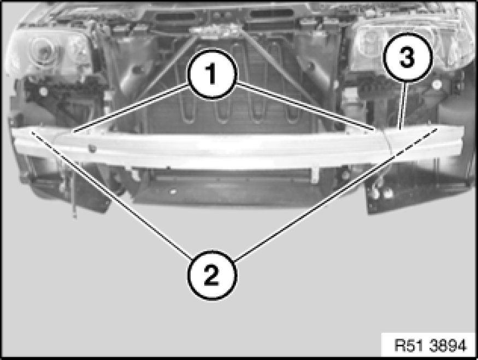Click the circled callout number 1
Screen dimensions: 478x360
[x=212, y=74]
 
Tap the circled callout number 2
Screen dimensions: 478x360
[x=212, y=275]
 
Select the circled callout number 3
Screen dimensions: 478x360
[x=408, y=57]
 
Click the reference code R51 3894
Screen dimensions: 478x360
[x=430, y=346]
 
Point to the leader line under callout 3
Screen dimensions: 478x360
[x=403, y=105]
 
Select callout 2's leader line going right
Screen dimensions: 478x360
[x=335, y=194]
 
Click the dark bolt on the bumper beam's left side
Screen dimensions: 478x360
[x=91, y=149]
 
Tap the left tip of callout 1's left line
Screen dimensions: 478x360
[x=73, y=132]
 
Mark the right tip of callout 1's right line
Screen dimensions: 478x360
[x=374, y=129]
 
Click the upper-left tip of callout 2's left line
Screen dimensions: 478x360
[x=31, y=132]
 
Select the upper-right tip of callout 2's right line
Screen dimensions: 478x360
[x=437, y=128]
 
